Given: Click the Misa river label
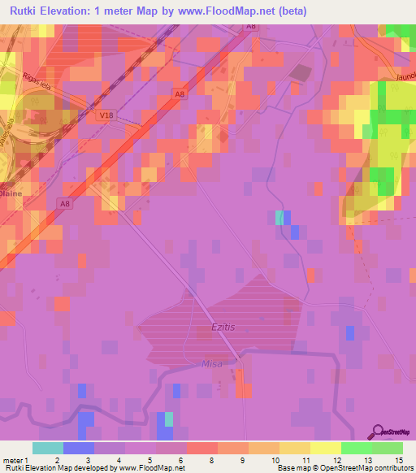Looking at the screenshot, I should tap(212, 364).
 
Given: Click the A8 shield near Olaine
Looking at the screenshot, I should tap(65, 203).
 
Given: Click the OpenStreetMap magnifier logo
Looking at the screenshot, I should tap(378, 432).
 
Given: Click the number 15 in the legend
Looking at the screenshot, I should tap(399, 459).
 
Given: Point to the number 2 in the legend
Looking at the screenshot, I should tap(56, 459).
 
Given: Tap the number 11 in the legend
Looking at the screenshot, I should tap(305, 459).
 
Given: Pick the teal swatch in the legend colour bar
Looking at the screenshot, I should tap(48, 448).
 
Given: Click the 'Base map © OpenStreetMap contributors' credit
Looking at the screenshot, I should tap(344, 468).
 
